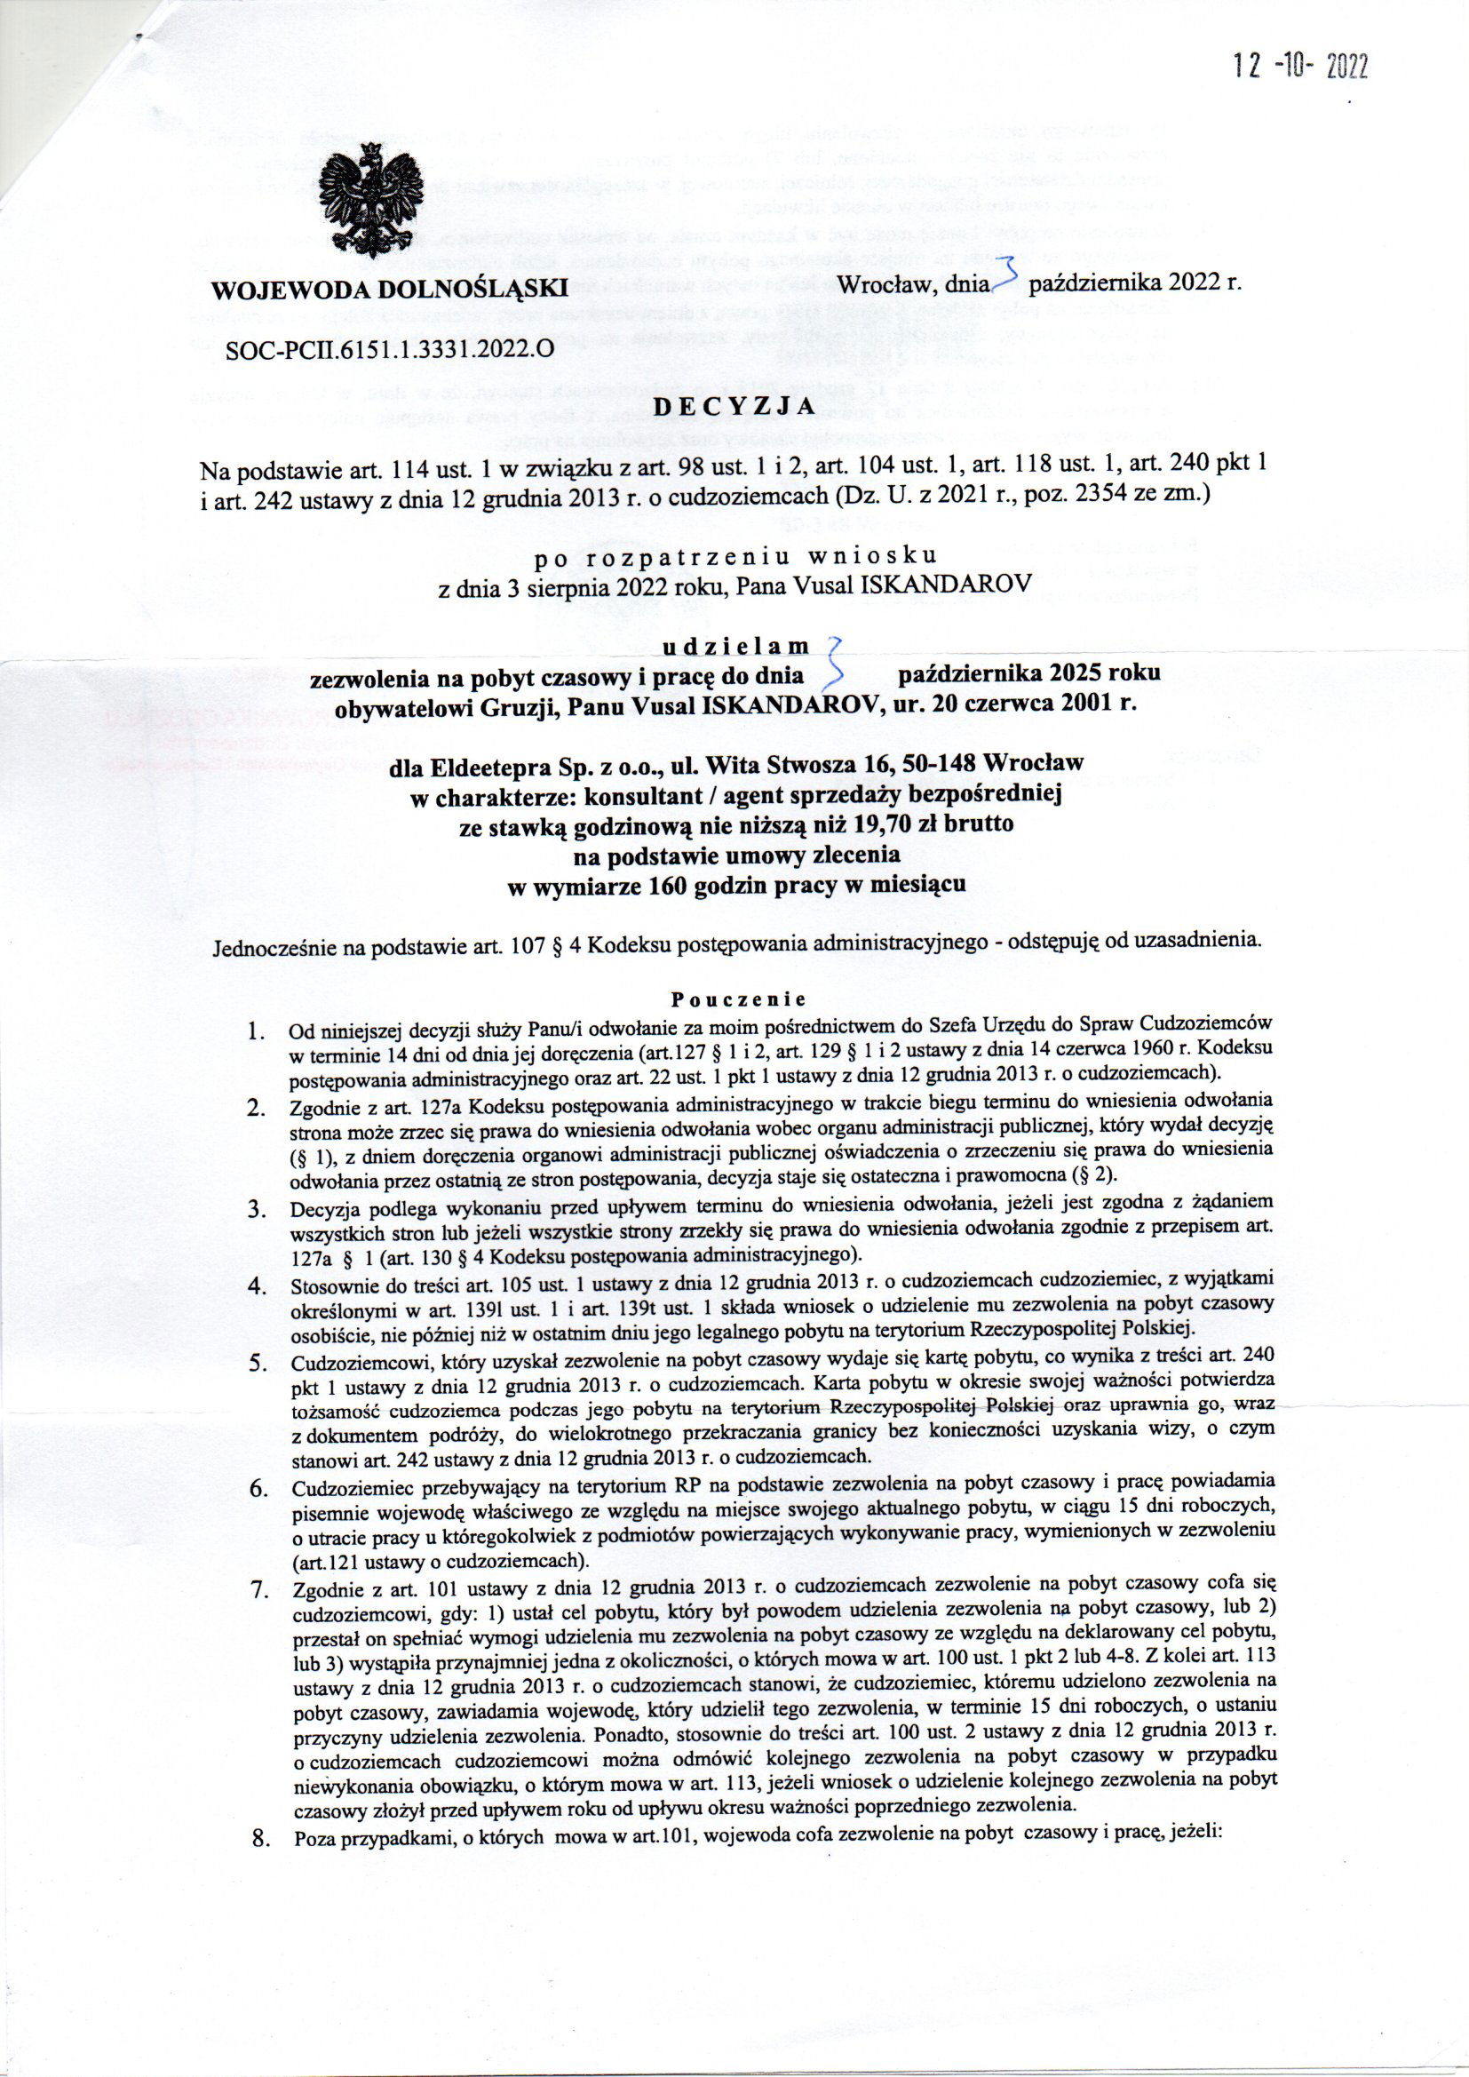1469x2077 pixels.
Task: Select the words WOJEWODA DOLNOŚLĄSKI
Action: coord(390,290)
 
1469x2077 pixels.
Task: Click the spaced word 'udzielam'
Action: coord(734,646)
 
